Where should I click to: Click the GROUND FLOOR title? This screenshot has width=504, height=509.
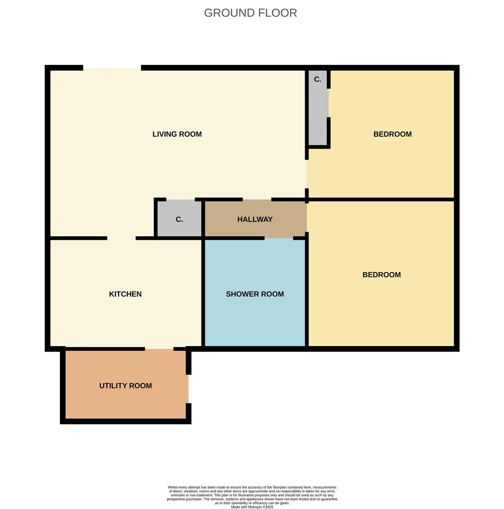(250, 13)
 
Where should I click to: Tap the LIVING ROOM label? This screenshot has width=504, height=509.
(177, 134)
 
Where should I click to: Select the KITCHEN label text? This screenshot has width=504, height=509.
(125, 294)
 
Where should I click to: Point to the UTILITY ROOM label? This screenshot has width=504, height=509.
(125, 386)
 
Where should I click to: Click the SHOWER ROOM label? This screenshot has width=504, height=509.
(255, 294)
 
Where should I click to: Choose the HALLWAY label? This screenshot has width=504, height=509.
(255, 220)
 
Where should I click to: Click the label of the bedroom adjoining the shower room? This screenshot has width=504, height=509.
(382, 275)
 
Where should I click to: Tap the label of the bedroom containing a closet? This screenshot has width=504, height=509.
(392, 134)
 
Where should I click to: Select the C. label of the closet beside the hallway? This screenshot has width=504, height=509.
(179, 220)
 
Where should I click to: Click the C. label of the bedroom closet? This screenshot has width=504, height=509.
(317, 80)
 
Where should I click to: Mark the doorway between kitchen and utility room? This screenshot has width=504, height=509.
(159, 349)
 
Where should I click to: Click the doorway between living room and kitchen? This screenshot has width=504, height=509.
(122, 238)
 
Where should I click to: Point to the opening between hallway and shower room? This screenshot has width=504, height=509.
(279, 238)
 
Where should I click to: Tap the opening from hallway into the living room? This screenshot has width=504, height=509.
(257, 199)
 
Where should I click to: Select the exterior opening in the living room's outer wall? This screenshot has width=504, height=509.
(112, 68)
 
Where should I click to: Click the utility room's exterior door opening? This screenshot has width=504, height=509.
(188, 389)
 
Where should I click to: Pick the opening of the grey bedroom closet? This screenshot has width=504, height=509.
(328, 103)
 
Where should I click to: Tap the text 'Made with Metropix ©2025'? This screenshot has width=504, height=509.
(252, 507)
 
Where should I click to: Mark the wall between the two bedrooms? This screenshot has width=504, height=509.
(382, 199)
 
